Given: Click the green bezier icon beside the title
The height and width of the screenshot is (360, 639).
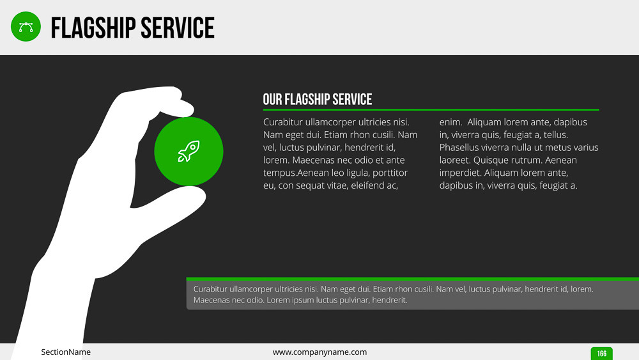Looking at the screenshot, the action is [x=26, y=26].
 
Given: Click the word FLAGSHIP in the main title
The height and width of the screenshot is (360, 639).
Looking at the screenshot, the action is [x=93, y=27].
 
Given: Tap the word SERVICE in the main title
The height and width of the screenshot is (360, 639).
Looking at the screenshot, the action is [x=177, y=27].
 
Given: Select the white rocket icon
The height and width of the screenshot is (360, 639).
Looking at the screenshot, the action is [x=189, y=152].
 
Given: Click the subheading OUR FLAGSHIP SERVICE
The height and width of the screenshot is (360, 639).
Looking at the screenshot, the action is [x=318, y=99].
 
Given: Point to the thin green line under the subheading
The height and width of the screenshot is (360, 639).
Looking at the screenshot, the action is [x=431, y=110].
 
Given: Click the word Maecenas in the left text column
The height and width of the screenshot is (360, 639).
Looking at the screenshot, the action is [x=313, y=160].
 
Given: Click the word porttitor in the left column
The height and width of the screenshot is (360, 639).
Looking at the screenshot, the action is [x=390, y=173].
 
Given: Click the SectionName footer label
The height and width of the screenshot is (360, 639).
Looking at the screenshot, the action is [x=66, y=352].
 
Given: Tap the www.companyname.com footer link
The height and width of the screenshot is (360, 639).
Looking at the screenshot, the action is [x=319, y=352].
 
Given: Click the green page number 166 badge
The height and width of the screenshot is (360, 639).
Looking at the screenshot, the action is [x=601, y=354].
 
